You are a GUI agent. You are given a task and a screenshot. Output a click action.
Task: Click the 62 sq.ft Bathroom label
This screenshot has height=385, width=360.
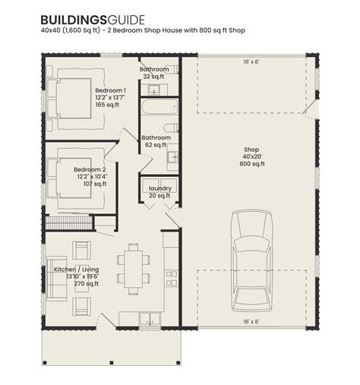pyautogui.click(x=155, y=137)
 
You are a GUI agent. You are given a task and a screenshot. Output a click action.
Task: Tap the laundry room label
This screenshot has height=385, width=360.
pyautogui.click(x=160, y=188)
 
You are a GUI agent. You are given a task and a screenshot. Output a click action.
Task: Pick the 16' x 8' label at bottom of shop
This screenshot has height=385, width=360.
pyautogui.click(x=251, y=323)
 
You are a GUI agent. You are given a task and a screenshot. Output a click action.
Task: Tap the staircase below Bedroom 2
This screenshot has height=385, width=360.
pyautogui.click(x=68, y=223)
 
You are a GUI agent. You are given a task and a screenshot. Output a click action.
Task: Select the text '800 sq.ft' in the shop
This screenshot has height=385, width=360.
pyautogui.click(x=251, y=164)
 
